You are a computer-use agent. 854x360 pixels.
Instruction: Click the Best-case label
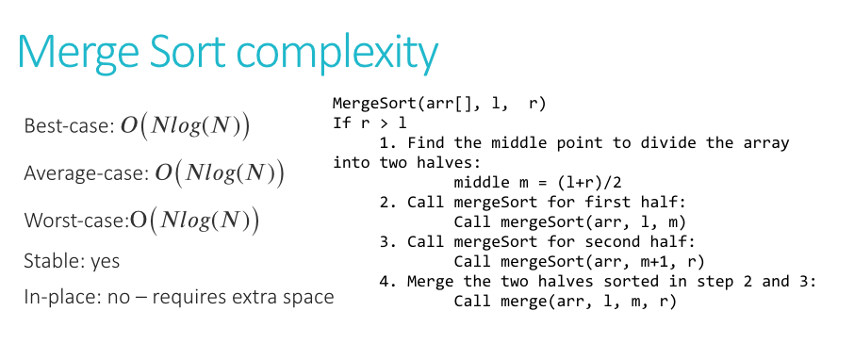pyautogui.click(x=67, y=127)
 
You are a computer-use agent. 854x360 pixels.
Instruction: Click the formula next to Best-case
pyautogui.click(x=185, y=127)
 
